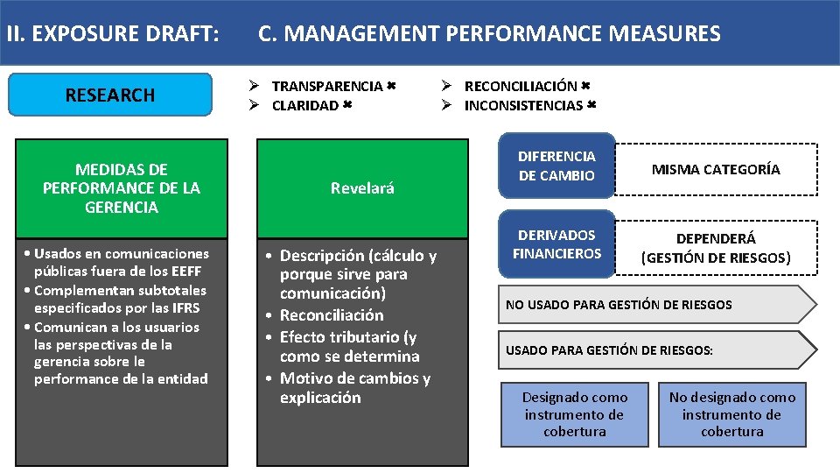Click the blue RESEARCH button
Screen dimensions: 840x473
pos(110,95)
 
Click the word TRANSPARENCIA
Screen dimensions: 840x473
pos(327,86)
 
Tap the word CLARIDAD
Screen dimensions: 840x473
pos(304,105)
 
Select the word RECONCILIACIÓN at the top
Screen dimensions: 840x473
pos(521,86)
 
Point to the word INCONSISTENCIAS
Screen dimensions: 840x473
pos(523,105)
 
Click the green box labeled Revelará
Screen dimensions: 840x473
pos(362,187)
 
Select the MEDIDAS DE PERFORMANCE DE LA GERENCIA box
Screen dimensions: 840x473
pos(122,187)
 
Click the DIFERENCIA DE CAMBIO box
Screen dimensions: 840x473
pos(556,166)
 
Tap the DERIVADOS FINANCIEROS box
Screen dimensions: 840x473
pos(556,244)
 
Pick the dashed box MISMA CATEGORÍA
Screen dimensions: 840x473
pos(716,169)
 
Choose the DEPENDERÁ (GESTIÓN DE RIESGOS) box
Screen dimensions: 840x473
pos(716,248)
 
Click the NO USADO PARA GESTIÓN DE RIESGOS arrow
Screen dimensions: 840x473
pos(647,305)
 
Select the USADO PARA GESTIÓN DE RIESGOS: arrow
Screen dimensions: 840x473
pos(647,350)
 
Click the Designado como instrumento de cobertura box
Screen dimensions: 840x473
pos(575,414)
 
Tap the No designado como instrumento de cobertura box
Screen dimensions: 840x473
pos(732,414)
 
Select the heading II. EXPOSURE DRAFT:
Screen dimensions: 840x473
pos(112,34)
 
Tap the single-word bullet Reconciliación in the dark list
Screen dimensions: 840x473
pos(332,315)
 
